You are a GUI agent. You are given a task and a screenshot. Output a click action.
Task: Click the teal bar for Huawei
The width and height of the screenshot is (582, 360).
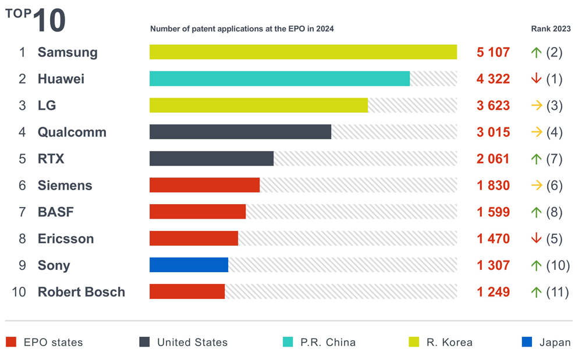[x=279, y=79]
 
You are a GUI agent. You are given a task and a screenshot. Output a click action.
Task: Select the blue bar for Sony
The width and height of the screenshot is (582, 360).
[x=189, y=265]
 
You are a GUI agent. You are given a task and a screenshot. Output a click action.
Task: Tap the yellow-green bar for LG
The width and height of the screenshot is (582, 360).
[x=258, y=105]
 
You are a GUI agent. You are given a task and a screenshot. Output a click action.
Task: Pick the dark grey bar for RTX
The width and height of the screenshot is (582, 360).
[x=211, y=159]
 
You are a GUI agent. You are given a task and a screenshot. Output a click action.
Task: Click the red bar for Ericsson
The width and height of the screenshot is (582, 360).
[x=194, y=238]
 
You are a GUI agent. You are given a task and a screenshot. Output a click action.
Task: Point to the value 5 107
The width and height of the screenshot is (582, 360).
[x=493, y=52]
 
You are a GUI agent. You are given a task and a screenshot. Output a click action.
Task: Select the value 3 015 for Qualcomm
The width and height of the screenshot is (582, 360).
[x=493, y=132]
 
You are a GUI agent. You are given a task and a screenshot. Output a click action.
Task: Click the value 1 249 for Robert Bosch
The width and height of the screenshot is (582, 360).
[x=493, y=292]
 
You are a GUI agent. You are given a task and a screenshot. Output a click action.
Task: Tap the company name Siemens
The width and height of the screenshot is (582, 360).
[x=65, y=186]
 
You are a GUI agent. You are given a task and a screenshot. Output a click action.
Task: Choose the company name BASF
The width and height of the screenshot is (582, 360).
[x=56, y=212]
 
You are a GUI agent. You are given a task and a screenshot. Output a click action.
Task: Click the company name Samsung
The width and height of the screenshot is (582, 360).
[x=68, y=52]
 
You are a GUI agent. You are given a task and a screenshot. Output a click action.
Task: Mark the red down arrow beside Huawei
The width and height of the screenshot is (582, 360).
[x=536, y=79]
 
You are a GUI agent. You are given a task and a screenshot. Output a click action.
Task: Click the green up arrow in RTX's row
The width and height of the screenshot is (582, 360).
[x=536, y=159]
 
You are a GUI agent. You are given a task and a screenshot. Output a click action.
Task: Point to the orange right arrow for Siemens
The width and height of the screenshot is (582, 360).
[x=536, y=186]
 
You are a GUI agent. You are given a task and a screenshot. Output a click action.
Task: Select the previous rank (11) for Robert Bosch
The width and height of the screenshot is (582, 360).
[x=557, y=292]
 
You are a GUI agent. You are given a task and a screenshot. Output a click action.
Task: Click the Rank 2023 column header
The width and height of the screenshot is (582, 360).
[x=551, y=28]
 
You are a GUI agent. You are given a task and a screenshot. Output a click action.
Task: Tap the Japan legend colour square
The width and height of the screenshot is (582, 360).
[x=527, y=342]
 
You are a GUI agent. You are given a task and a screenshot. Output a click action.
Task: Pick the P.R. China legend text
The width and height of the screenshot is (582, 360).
[x=328, y=343]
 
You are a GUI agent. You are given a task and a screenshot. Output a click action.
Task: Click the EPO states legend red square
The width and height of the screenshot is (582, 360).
[x=11, y=342]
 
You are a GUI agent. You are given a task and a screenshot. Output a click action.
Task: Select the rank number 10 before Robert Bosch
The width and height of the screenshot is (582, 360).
[x=19, y=292]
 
